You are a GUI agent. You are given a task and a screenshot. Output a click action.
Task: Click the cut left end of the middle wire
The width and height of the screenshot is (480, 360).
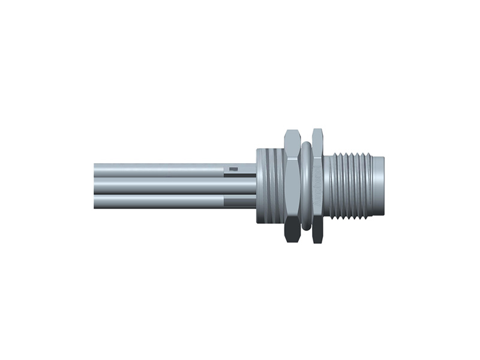pos(95,185)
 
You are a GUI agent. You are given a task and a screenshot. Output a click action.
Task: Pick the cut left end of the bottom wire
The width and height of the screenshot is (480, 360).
pos(95,202)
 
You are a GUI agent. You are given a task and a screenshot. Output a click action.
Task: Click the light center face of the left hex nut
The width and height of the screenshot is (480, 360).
pos(292,186)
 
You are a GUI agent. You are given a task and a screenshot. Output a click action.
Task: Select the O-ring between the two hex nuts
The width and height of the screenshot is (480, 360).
pos(306,186)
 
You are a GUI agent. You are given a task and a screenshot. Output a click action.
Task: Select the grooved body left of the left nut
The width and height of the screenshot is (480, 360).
pos(269,186)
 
